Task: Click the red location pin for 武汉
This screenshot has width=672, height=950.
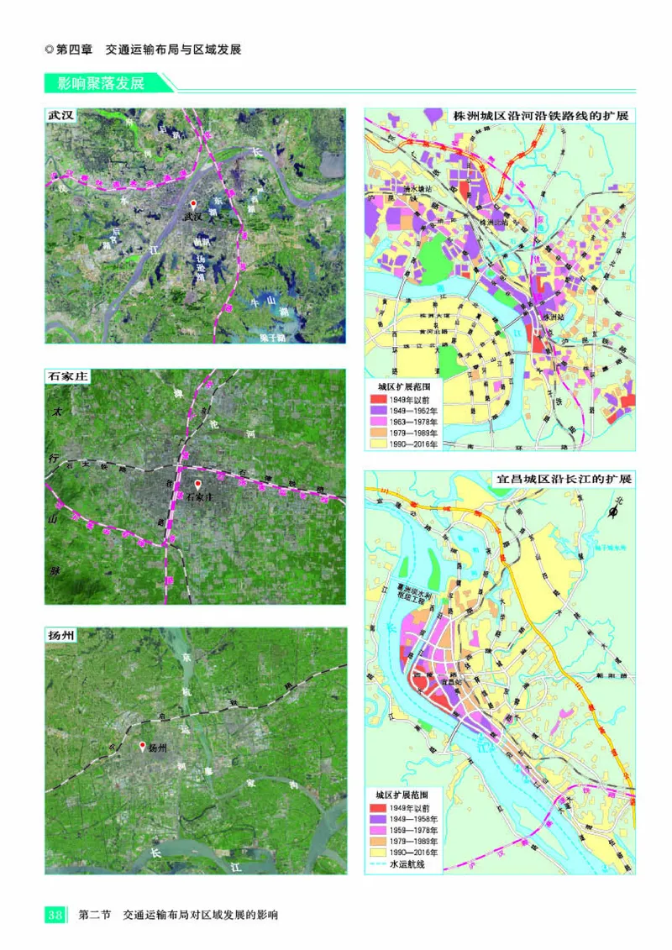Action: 193,205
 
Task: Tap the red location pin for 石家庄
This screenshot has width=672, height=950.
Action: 198,485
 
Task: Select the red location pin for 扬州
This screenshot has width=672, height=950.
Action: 143,745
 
